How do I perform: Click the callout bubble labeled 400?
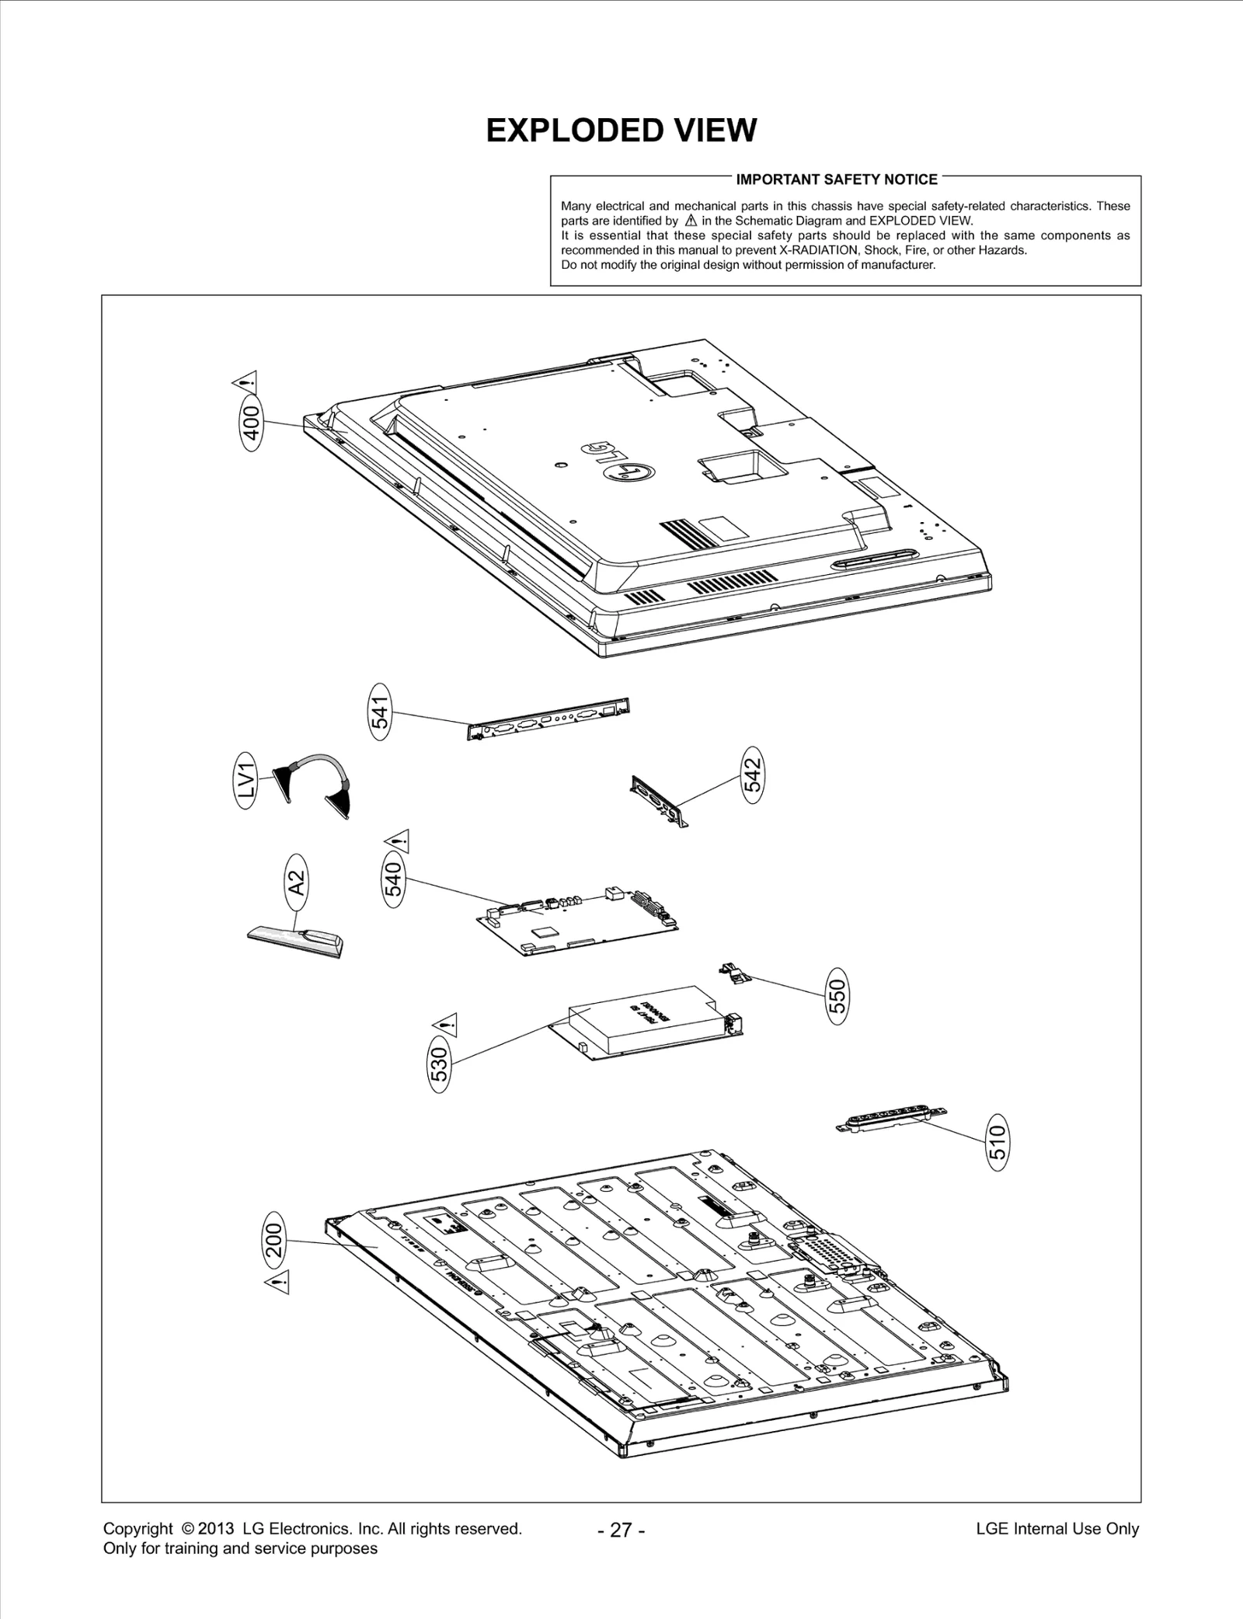tap(252, 423)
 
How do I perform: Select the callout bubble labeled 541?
tap(380, 712)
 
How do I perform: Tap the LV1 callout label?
tap(246, 780)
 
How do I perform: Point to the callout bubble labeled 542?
tap(753, 775)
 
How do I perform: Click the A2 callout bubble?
tap(296, 883)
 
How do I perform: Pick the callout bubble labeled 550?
tap(837, 996)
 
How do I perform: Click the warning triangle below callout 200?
tap(278, 1283)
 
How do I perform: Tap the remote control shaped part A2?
tap(295, 940)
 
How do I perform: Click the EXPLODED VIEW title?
tap(621, 131)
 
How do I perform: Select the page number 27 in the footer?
tap(621, 1530)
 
